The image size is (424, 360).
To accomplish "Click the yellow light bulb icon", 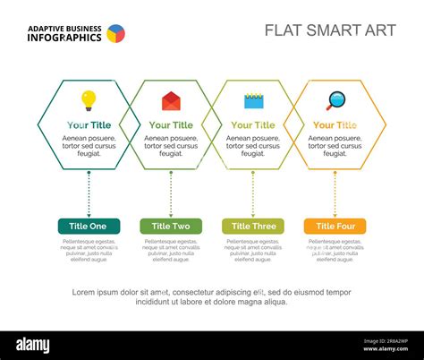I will coord(89,99).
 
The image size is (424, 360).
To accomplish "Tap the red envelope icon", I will coord(171,100).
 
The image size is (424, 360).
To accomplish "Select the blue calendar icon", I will coord(253,100).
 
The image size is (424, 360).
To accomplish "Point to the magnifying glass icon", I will coord(335,100).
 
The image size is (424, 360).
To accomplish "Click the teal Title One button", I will coord(89,227).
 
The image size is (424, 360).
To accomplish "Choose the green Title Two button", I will coord(171,227).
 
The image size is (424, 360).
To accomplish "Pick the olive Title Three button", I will coord(253,227).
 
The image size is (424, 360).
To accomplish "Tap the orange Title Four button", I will coord(335,227).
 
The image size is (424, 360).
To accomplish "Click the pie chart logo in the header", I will coord(116,34).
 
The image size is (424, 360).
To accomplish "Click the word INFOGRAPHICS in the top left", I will coord(64,38).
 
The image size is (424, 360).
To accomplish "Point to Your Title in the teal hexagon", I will coord(89,125).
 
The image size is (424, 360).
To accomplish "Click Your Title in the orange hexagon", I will coord(335,125).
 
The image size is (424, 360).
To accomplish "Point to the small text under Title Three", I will coord(253,251).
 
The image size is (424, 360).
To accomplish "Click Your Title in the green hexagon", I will coord(171,125).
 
